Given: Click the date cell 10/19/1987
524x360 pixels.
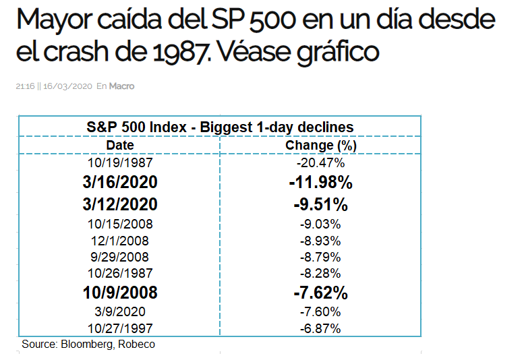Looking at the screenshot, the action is (120, 162).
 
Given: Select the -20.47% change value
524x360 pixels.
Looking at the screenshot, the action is (321, 162).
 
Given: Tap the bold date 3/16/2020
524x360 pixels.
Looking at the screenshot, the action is (120, 182).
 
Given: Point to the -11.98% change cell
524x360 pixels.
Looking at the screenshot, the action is (321, 182).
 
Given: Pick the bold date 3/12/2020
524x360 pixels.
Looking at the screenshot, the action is (120, 204).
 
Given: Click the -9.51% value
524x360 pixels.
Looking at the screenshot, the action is (321, 204).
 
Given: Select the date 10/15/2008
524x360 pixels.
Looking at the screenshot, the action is (120, 224).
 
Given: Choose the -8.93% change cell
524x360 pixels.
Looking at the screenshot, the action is (320, 241).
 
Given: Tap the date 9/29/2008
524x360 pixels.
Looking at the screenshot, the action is (119, 257).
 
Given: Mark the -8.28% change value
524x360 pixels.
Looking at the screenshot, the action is (320, 274).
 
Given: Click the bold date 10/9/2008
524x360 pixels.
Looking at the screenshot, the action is (120, 293).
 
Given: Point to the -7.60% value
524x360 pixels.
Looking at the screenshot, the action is (320, 312).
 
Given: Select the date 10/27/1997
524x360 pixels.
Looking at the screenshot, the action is (120, 328).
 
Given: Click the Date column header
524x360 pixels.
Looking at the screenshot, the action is (120, 145).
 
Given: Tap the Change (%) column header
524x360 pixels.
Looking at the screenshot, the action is (321, 146).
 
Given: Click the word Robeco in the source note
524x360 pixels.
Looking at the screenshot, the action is (136, 344).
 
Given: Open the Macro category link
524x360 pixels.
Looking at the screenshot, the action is (121, 86).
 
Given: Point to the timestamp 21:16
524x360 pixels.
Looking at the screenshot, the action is (25, 86).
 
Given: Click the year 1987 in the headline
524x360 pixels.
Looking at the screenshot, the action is (180, 51).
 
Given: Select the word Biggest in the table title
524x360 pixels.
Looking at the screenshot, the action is (226, 128).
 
